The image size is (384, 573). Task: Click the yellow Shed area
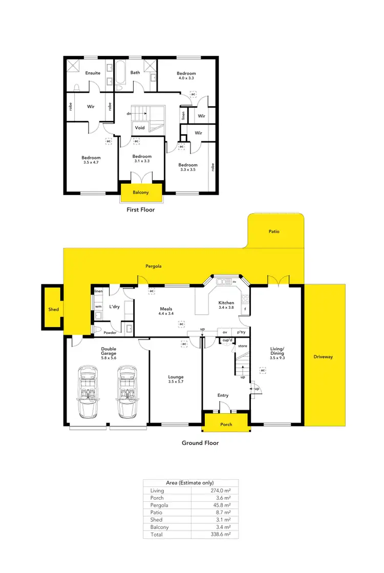click(53, 309)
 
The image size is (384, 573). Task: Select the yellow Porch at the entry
click(226, 425)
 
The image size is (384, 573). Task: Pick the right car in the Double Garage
click(127, 392)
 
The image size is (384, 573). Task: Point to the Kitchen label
click(226, 303)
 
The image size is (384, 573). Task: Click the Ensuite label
click(93, 73)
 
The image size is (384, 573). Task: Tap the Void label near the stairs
click(140, 128)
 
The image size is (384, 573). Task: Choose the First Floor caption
click(141, 209)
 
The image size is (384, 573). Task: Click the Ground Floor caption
click(200, 443)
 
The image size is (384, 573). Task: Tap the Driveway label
click(323, 356)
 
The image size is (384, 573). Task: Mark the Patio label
click(274, 231)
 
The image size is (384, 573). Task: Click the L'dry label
click(115, 307)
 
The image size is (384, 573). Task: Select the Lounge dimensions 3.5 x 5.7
click(176, 382)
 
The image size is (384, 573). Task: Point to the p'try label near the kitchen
click(241, 332)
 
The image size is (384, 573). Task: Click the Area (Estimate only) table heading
click(190, 483)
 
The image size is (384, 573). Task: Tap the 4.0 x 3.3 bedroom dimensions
click(186, 78)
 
